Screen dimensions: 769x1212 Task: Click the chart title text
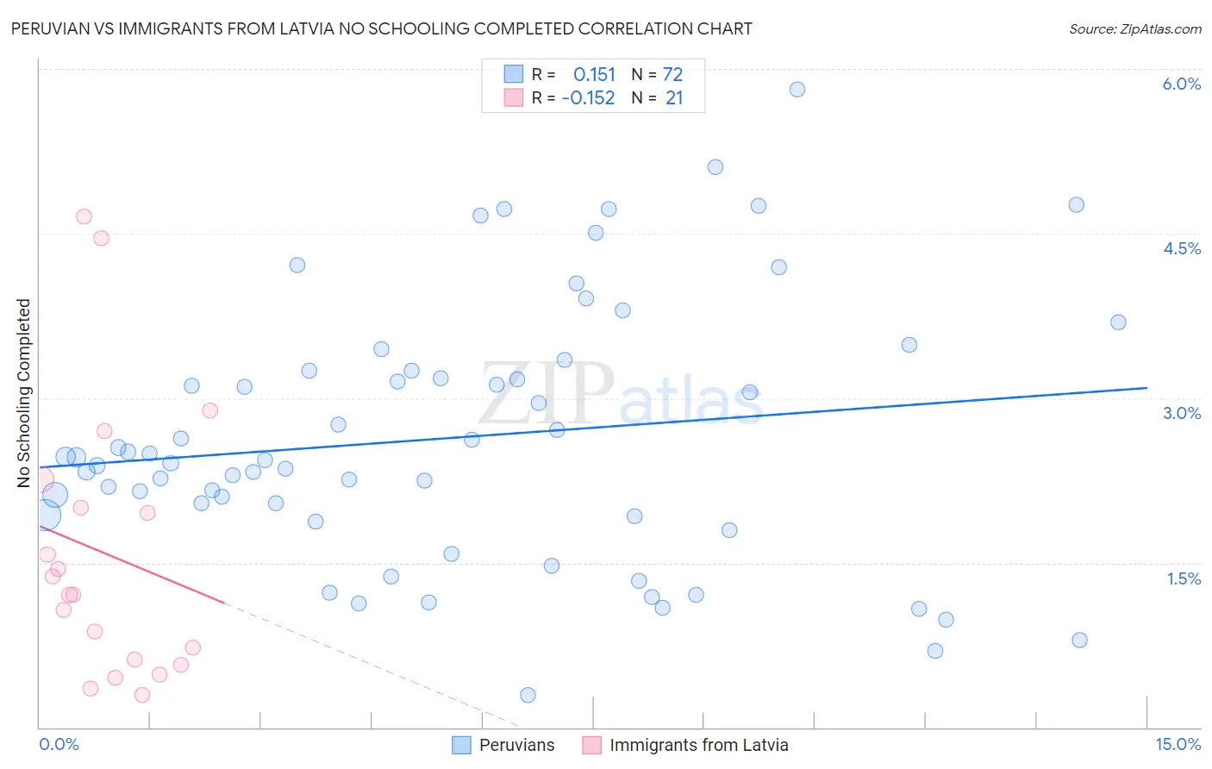(x=381, y=28)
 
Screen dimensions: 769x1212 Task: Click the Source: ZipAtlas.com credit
(x=1134, y=29)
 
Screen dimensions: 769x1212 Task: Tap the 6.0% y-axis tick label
(x=1181, y=84)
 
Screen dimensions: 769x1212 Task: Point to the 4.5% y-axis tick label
(x=1181, y=248)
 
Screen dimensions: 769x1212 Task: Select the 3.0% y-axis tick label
(x=1181, y=413)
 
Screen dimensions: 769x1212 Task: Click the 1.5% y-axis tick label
(x=1184, y=578)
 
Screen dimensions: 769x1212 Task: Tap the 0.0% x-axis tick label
(x=59, y=744)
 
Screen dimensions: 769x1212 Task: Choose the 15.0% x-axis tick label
(x=1178, y=744)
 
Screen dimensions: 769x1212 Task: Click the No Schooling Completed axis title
(x=24, y=393)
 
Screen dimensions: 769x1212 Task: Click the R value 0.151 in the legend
(x=594, y=74)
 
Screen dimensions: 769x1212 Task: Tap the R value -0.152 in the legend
(x=588, y=97)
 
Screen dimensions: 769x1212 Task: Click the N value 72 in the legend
(x=672, y=74)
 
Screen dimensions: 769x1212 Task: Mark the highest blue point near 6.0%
(x=797, y=90)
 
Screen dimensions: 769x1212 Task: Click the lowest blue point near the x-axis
(x=528, y=695)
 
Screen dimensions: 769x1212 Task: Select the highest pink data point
(x=84, y=216)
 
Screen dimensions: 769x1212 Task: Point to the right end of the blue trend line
(x=1146, y=388)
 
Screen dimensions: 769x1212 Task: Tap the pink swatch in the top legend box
(x=514, y=97)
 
